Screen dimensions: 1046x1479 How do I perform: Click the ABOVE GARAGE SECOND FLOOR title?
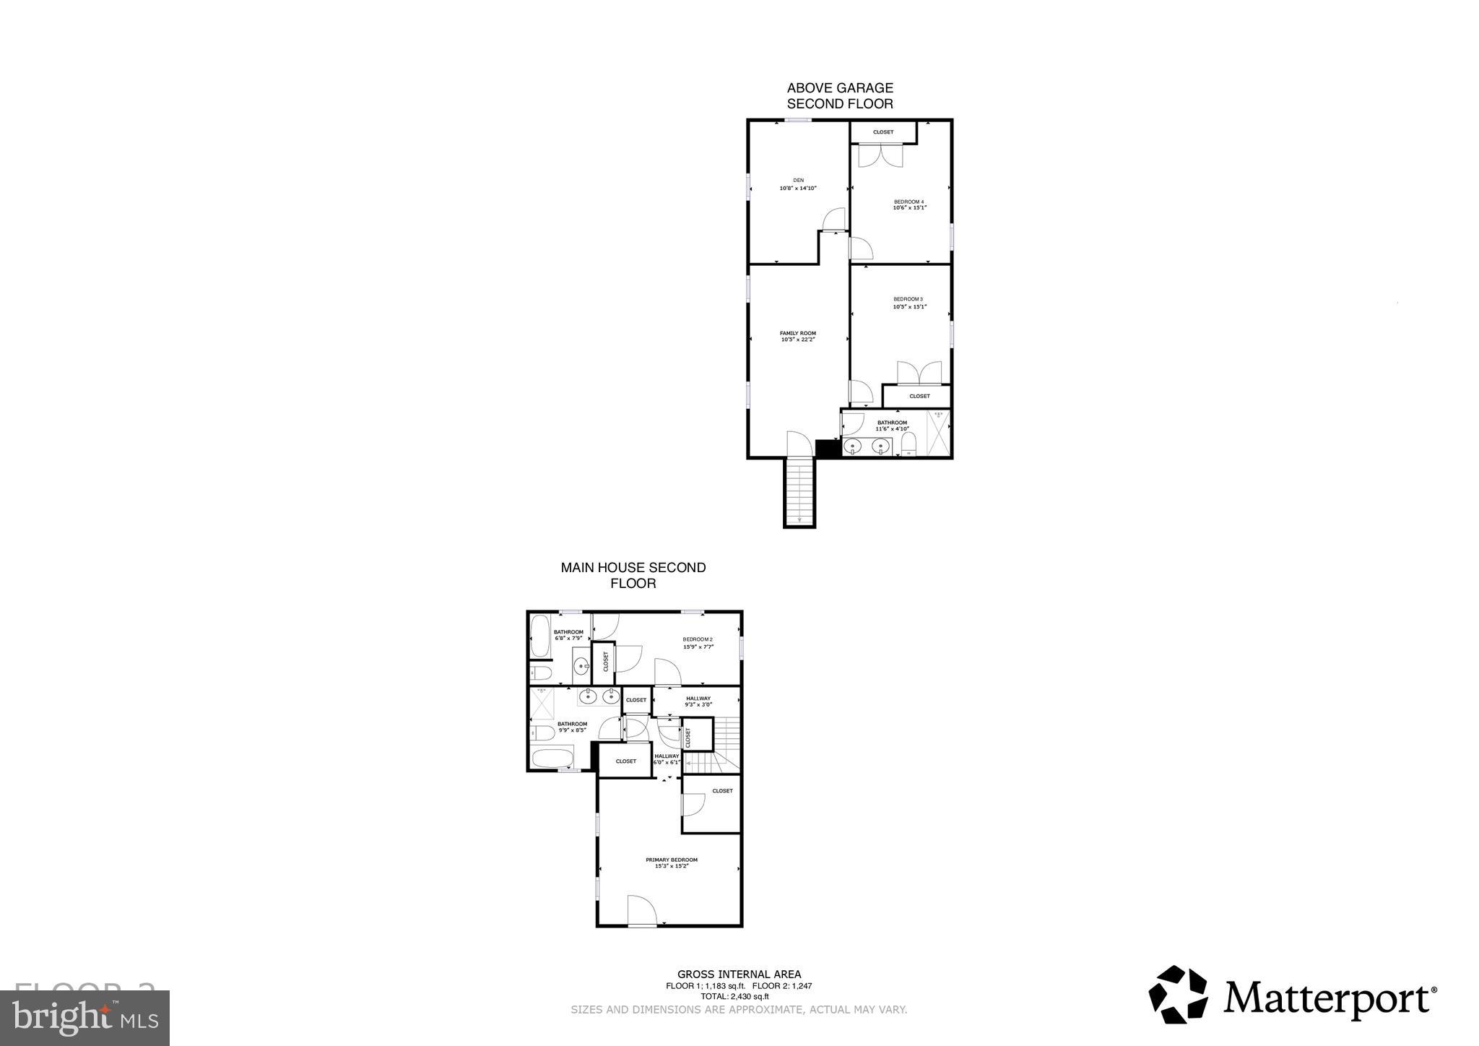pyautogui.click(x=840, y=95)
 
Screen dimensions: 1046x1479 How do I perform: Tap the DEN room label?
pyautogui.click(x=798, y=184)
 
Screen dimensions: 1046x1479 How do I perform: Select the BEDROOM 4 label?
pyautogui.click(x=909, y=204)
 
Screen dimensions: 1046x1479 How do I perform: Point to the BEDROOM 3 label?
pyautogui.click(x=908, y=303)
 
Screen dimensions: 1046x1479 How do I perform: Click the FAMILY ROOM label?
pyautogui.click(x=798, y=336)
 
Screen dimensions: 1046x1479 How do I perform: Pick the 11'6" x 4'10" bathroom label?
pyautogui.click(x=892, y=425)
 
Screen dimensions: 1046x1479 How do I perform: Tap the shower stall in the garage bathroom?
pyautogui.click(x=937, y=433)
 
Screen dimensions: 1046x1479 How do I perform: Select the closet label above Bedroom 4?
pyautogui.click(x=883, y=132)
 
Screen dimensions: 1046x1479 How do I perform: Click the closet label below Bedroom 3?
pyautogui.click(x=919, y=397)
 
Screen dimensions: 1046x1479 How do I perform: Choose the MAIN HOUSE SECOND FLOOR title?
pyautogui.click(x=633, y=575)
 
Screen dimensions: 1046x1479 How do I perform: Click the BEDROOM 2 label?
pyautogui.click(x=698, y=643)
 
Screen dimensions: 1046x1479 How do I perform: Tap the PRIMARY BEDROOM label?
pyautogui.click(x=672, y=863)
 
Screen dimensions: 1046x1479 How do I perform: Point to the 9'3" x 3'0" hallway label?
pyautogui.click(x=698, y=701)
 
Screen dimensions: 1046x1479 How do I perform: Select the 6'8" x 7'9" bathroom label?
pyautogui.click(x=568, y=635)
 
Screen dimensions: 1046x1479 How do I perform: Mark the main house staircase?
pyautogui.click(x=725, y=744)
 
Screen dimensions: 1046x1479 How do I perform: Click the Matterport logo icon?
pyautogui.click(x=1178, y=994)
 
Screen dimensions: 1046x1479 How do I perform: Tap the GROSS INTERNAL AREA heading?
pyautogui.click(x=739, y=974)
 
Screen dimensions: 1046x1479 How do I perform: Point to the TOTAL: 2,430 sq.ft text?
pyautogui.click(x=739, y=996)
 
